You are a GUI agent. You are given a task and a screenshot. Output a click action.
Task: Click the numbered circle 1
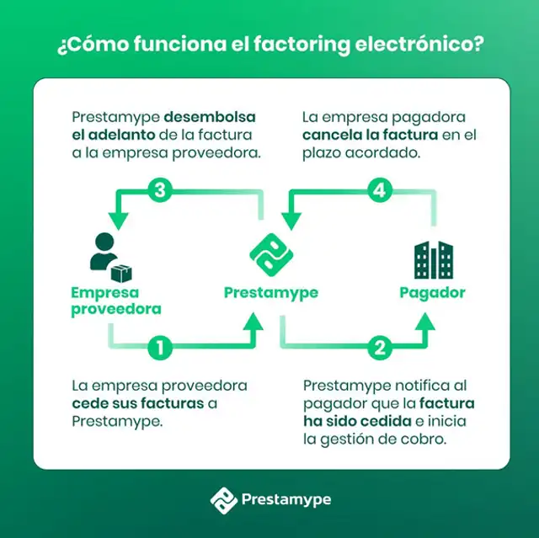tap(160, 348)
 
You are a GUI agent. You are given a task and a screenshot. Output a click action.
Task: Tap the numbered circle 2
tap(380, 348)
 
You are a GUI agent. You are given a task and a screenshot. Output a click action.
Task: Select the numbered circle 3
tap(160, 190)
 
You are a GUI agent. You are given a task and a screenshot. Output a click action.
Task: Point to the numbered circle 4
tap(380, 190)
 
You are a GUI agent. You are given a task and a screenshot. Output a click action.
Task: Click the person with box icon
tap(111, 257)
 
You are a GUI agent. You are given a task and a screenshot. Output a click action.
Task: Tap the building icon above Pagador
tap(434, 259)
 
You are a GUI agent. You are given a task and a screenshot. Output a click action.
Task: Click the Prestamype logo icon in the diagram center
tap(271, 255)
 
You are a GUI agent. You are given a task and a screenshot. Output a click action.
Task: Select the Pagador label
tap(432, 293)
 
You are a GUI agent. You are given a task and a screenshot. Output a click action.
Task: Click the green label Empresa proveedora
tap(116, 301)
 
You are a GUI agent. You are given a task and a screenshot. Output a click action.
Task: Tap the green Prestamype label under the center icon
tap(271, 293)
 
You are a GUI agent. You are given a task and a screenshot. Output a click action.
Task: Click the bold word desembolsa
tap(210, 117)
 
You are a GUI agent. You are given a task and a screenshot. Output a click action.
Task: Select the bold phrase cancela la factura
tap(371, 135)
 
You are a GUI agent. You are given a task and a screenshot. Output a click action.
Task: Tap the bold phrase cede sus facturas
tap(138, 403)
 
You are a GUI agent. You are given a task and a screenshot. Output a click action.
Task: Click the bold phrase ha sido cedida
tap(357, 421)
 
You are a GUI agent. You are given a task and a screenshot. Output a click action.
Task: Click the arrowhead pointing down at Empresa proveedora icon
tap(118, 221)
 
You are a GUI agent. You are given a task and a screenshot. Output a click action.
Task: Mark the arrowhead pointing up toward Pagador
tap(425, 322)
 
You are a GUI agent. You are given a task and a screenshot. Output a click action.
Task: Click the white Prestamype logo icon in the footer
tap(223, 500)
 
